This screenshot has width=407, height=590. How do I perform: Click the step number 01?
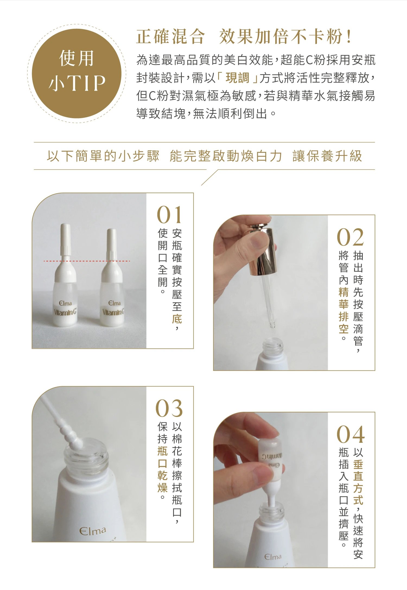tap(169, 214)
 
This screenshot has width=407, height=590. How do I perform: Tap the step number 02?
tap(350, 237)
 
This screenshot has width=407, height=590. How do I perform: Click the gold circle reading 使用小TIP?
tap(77, 73)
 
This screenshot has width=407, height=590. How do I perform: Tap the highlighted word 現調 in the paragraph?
tap(237, 78)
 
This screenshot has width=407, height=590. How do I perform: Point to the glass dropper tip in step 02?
tap(272, 325)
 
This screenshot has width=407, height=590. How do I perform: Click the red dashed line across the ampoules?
tap(87, 261)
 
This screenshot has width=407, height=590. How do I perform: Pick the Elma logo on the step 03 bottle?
tap(93, 531)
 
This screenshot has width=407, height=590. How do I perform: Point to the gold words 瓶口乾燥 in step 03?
tap(163, 469)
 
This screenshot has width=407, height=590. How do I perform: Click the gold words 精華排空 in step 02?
tap(344, 310)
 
